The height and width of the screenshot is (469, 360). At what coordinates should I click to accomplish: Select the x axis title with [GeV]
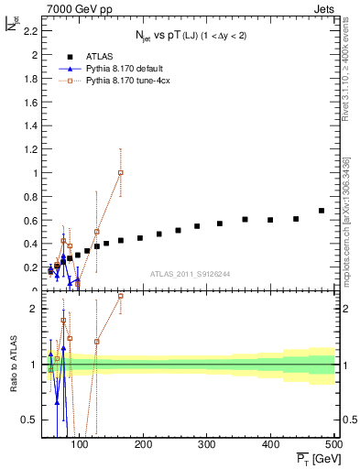(311, 460)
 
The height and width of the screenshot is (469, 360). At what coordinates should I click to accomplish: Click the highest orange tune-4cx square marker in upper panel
(121, 172)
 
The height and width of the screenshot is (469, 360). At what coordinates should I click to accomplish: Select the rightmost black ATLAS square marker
(322, 211)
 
